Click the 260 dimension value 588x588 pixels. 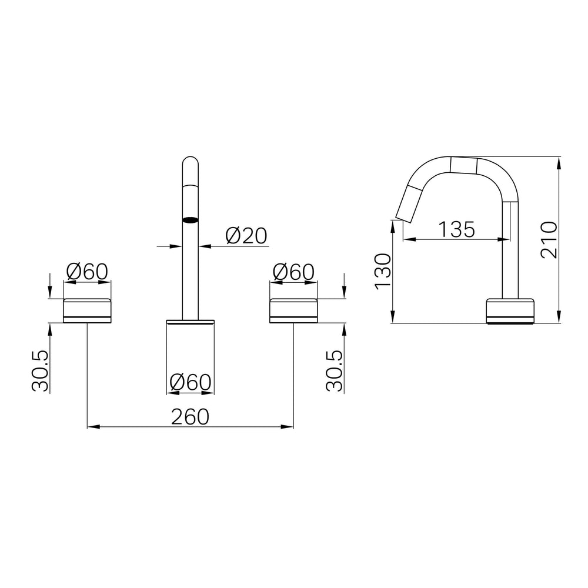pos(190,417)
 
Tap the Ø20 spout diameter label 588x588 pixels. pos(246,236)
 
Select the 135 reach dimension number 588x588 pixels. pos(456,229)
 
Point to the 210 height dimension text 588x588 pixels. pos(549,240)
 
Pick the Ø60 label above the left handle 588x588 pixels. pos(87,272)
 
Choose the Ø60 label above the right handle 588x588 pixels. pos(293,272)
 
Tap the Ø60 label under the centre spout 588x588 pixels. pos(191,383)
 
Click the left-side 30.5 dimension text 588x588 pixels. pos(41,371)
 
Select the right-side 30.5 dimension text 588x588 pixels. pos(335,371)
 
